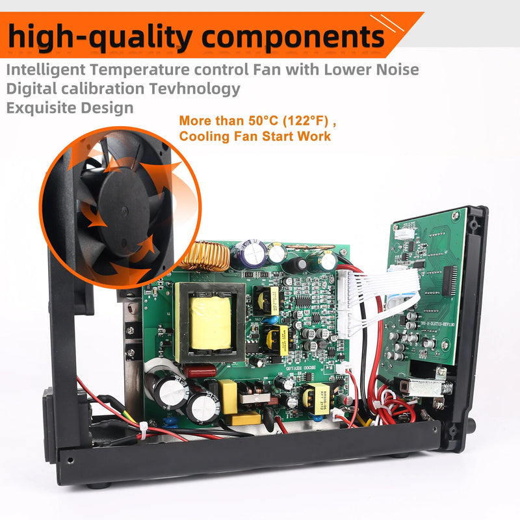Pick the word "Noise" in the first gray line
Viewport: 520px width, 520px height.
click(395, 70)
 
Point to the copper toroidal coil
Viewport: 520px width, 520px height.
click(205, 255)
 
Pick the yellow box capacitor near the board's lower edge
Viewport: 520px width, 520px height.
click(229, 394)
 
